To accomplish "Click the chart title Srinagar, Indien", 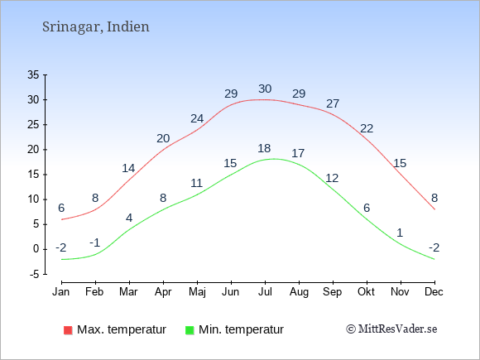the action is coord(96,27).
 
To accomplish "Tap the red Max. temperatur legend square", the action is coord(68,330).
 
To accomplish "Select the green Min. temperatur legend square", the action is coord(190,330).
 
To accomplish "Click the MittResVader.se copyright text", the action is coord(391,329).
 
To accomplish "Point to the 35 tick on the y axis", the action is coord(33,74).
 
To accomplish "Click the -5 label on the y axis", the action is coord(35,274).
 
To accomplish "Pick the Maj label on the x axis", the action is coord(197,292).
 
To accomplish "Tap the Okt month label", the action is coord(366,292).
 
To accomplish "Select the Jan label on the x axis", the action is coord(61,292).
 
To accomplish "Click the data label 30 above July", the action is coord(265,89).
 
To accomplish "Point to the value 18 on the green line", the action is coord(264,148).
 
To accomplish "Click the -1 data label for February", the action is coord(95,242).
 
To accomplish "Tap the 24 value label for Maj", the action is coord(197,118).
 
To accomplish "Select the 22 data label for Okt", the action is coord(367,128).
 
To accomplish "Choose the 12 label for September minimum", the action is coord(332,178).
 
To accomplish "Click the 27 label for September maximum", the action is coord(333,103).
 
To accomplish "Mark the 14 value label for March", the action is coord(128,168).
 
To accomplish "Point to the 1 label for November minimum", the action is coord(400,233).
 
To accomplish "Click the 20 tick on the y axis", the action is coord(33,150).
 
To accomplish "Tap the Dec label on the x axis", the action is coord(434,292).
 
